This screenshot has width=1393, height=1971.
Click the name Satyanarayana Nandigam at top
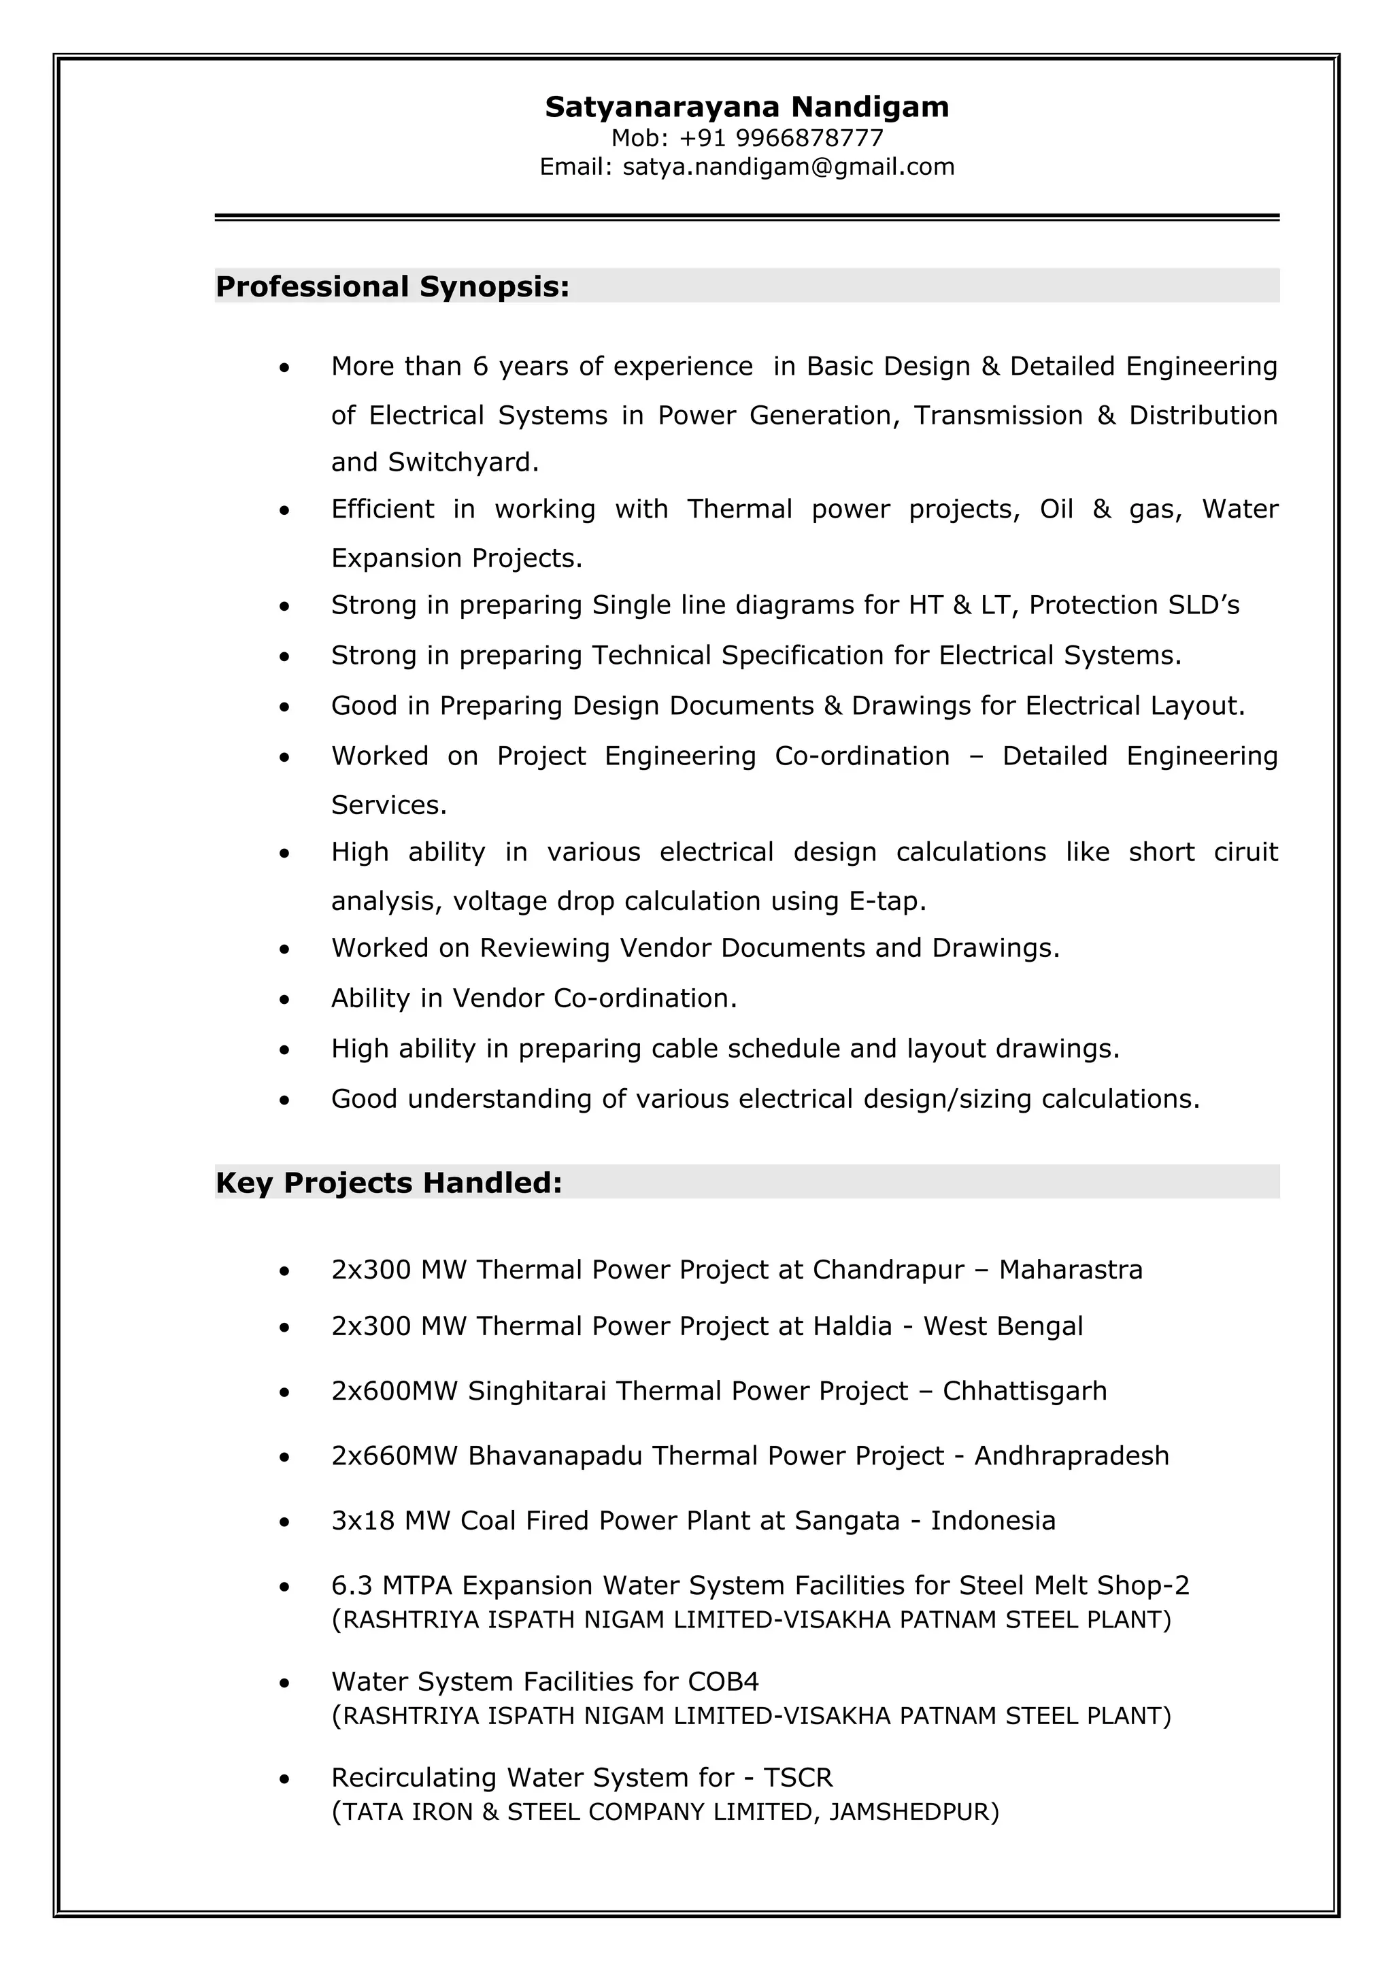pos(747,107)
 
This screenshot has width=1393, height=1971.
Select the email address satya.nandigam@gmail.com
pos(788,167)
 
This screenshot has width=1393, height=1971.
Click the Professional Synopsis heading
pos(392,287)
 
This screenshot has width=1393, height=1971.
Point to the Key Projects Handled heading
pos(389,1183)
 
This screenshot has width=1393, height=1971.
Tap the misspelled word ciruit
pos(1245,852)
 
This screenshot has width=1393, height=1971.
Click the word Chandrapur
pos(888,1270)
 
